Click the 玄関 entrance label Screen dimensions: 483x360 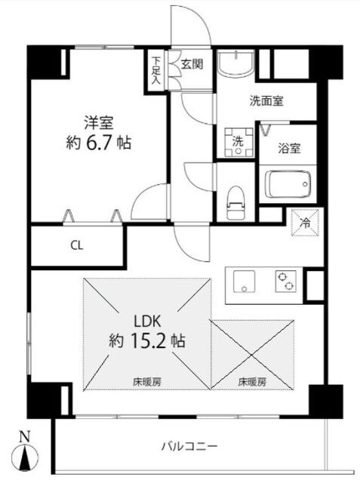click(192, 64)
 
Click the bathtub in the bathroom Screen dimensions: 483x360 click(287, 183)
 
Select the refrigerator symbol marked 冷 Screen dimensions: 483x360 click(306, 223)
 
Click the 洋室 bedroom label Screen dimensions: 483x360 click(98, 120)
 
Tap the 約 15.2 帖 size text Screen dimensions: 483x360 click(146, 340)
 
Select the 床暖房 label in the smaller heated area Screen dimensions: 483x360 click(252, 382)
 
